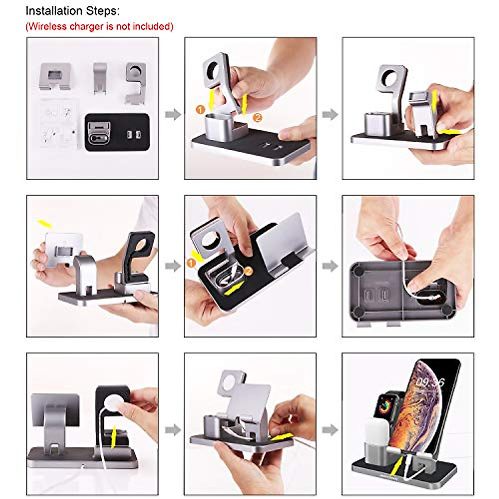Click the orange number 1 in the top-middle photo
pyautogui.click(x=200, y=109)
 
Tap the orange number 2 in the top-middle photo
pyautogui.click(x=257, y=118)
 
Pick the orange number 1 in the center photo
pyautogui.click(x=192, y=263)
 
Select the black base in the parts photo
pyautogui.click(x=117, y=132)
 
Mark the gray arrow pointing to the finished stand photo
pyautogui.click(x=330, y=429)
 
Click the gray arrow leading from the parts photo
pyautogui.click(x=173, y=114)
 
